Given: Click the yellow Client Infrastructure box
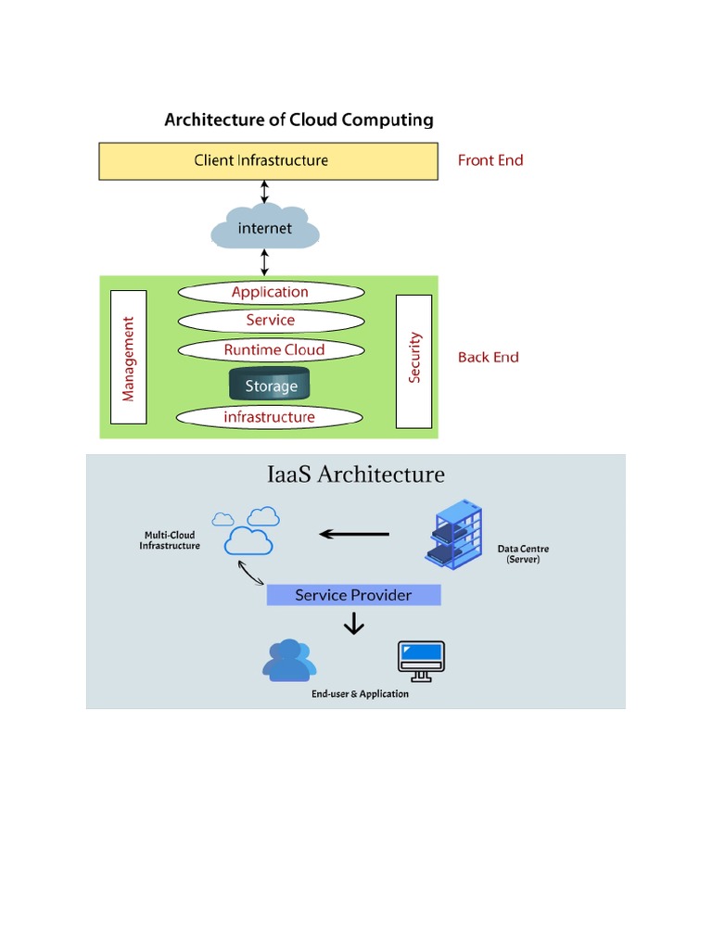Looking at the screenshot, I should [268, 160].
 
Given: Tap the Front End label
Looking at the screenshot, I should [490, 160].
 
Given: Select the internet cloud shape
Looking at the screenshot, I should [265, 228].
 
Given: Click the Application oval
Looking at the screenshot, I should [270, 292].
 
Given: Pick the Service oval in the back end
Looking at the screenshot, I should [270, 321].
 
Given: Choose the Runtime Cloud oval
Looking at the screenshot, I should [270, 350].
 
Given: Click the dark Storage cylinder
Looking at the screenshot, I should [270, 385].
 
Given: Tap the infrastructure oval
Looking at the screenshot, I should [270, 417].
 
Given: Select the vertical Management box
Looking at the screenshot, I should [128, 357].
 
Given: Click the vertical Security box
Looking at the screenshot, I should [413, 361].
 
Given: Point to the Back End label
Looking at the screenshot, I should [488, 357].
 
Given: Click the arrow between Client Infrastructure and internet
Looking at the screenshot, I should [265, 192].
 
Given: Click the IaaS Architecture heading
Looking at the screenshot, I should [356, 474].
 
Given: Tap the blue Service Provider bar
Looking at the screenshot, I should [353, 595].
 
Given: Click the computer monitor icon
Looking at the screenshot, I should [420, 661].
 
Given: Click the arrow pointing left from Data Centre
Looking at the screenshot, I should [354, 534].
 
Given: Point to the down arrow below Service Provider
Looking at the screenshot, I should [353, 626].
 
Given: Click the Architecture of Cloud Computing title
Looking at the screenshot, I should [299, 120].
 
